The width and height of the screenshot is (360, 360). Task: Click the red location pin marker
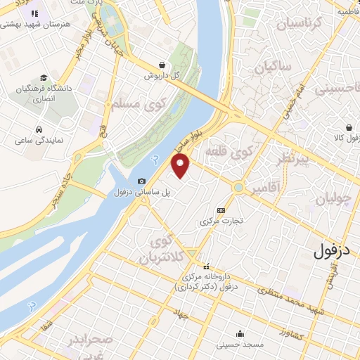[x=181, y=166]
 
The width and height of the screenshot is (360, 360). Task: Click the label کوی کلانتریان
[x=167, y=250]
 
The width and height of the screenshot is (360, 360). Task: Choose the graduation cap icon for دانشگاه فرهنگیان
[x=44, y=78]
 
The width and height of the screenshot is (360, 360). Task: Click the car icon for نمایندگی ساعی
[x=38, y=129]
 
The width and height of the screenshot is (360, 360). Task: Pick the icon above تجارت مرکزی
[x=221, y=210]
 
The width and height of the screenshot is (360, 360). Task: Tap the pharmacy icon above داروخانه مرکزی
[x=206, y=266]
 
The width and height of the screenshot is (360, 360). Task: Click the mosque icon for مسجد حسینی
[x=240, y=333]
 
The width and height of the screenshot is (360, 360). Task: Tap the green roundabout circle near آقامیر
[x=240, y=188]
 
